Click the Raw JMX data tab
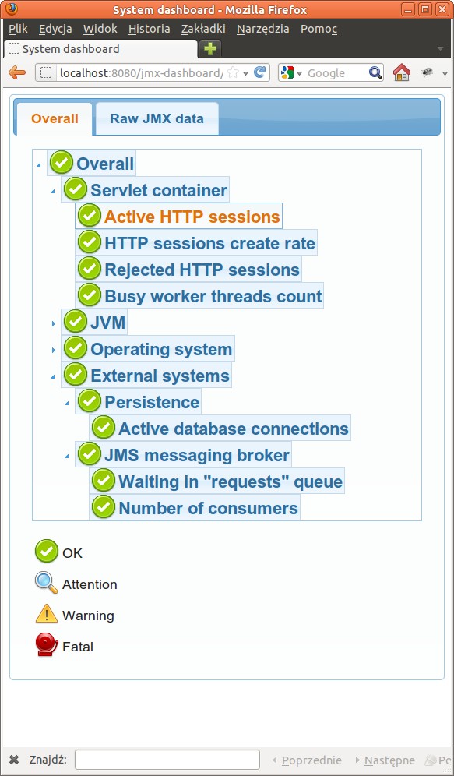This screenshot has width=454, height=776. (157, 119)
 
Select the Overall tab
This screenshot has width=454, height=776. (55, 119)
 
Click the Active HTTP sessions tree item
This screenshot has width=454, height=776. (192, 217)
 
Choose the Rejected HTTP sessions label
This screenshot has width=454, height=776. (202, 270)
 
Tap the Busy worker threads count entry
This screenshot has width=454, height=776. (213, 296)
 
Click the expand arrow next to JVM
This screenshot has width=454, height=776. (53, 323)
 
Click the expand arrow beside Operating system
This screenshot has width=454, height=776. (53, 349)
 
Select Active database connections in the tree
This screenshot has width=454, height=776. (233, 429)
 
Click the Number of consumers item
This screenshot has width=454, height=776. (208, 508)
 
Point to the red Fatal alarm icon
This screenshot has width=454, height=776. (47, 645)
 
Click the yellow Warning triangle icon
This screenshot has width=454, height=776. (47, 615)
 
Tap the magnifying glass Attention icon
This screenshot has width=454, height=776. (47, 584)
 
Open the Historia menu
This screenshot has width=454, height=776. (149, 29)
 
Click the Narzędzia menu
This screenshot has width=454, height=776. (262, 29)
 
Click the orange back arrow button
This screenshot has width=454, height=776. (17, 73)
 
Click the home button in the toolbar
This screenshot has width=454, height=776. (401, 73)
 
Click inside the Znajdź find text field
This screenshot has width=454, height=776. (167, 760)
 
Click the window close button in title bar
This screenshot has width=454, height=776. (441, 9)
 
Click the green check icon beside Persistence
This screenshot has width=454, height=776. (90, 402)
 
